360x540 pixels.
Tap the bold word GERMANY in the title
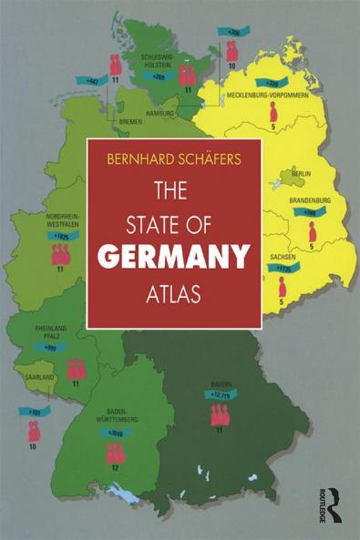coord(174,258)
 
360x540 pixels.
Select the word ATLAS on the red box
coord(174,296)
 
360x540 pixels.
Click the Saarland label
coord(39,375)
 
